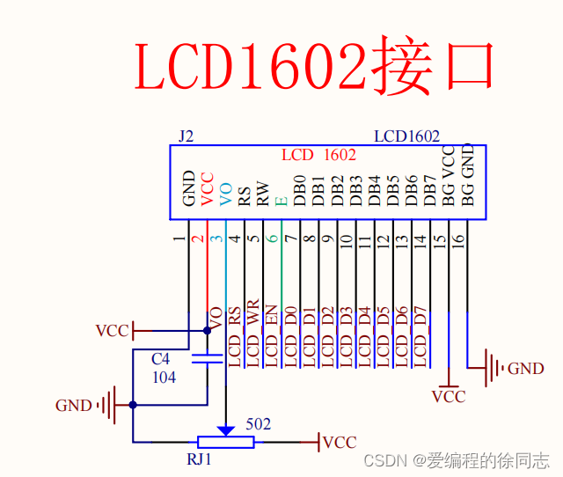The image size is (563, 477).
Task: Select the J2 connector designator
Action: [x=185, y=136]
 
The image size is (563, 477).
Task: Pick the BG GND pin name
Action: [x=467, y=176]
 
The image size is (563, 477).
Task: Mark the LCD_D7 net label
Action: [x=420, y=337]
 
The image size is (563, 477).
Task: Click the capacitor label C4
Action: [x=160, y=360]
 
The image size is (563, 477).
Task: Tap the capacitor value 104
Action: [x=163, y=377]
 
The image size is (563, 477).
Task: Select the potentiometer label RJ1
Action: [x=200, y=459]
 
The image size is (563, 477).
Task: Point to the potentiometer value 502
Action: [x=258, y=424]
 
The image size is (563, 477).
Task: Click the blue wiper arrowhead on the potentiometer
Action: [x=226, y=430]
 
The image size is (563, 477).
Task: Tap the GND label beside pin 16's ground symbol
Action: [x=526, y=369]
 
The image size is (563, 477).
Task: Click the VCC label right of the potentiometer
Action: [x=340, y=442]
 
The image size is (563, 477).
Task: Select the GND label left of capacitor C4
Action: [x=74, y=406]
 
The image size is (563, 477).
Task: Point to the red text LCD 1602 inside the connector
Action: [x=318, y=155]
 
